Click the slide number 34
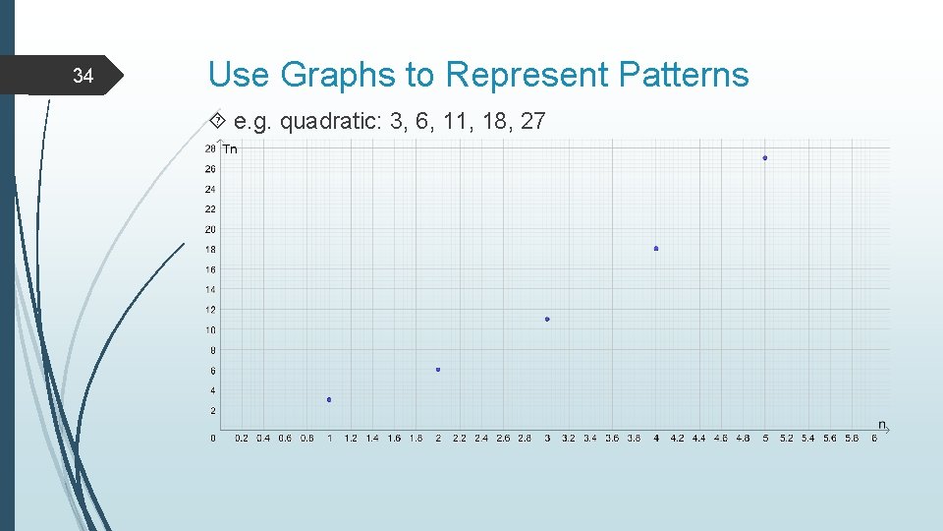tap(83, 77)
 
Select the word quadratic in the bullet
tap(330, 122)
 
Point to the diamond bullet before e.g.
tap(218, 122)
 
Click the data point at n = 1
tap(329, 399)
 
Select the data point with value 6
tap(438, 370)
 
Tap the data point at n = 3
tap(547, 319)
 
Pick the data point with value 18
tap(656, 249)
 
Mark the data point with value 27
tap(765, 157)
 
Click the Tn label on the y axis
tap(230, 149)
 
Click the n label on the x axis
tap(881, 425)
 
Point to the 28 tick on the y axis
tap(210, 148)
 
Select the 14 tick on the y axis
tap(210, 290)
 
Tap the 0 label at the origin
tap(213, 439)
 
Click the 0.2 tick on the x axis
tap(242, 439)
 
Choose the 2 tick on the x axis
tap(438, 439)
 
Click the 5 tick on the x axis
tap(765, 439)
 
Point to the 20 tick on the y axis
tap(210, 229)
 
